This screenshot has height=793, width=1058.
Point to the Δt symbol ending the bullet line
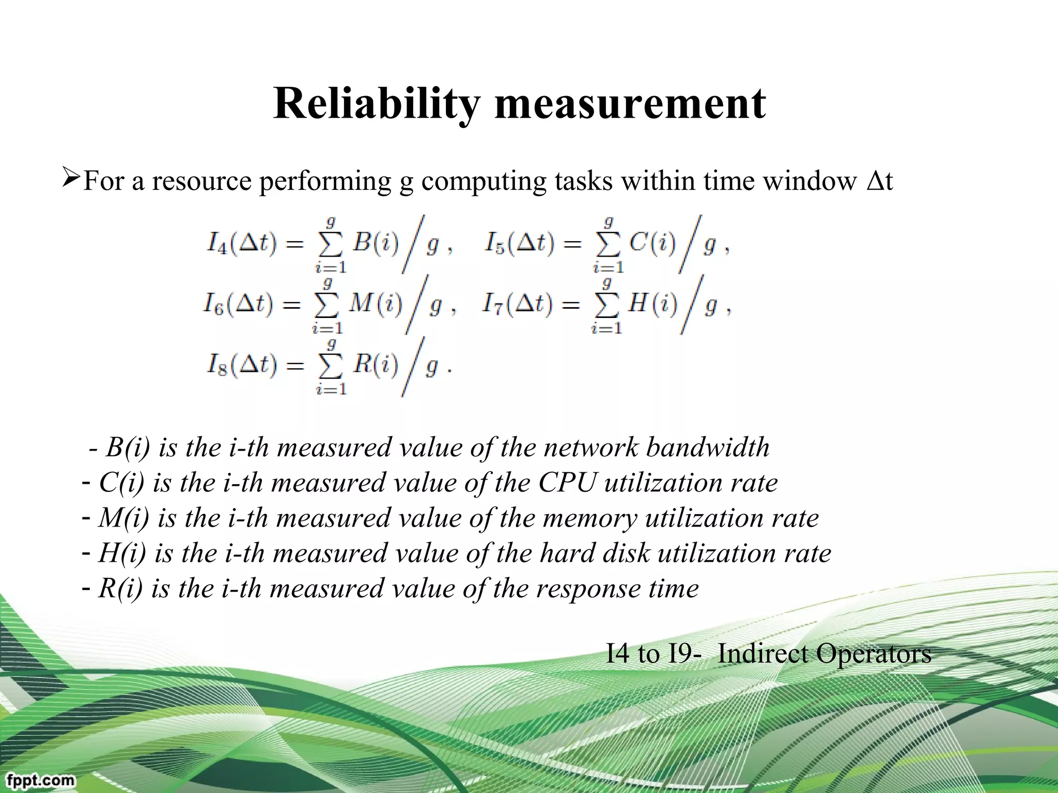point(880,181)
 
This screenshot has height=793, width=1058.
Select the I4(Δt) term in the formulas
point(241,243)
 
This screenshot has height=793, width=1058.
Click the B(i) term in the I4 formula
point(375,242)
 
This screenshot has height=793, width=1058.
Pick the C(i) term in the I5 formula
point(652,242)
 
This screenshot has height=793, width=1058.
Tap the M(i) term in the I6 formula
point(375,303)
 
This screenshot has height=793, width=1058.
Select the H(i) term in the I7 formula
point(652,303)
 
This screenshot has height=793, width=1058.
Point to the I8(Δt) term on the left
point(241,365)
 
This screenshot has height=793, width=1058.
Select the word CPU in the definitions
point(567,483)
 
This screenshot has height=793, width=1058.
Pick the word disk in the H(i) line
point(626,553)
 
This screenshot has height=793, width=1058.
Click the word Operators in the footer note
point(874,654)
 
